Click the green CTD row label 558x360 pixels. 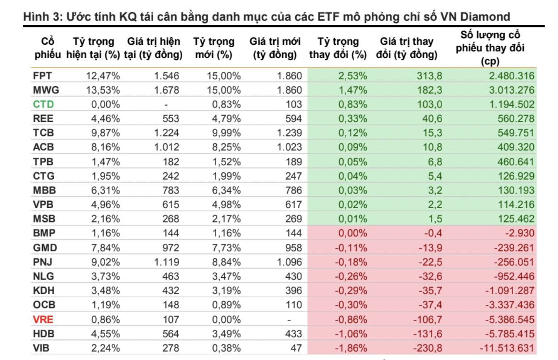coord(43,104)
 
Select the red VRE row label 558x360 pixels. coord(43,320)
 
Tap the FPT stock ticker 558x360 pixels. coord(43,76)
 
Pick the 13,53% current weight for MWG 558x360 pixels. coord(103,90)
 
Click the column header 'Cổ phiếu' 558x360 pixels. coord(44,48)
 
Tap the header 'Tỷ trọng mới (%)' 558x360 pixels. coord(214,48)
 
